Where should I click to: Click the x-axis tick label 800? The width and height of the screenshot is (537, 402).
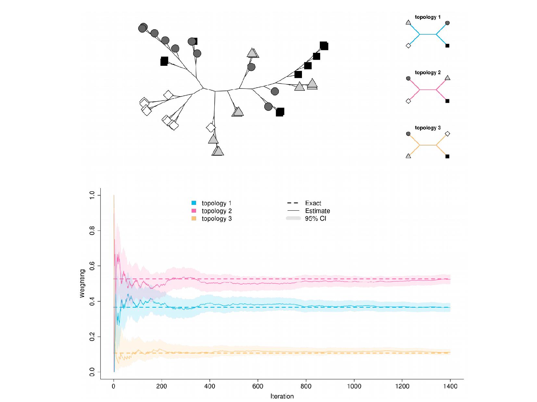(x=306, y=386)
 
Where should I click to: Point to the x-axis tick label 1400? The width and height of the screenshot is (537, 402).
(x=450, y=386)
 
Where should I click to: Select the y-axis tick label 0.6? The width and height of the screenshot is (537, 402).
(x=92, y=266)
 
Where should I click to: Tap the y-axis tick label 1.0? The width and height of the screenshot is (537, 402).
(x=92, y=195)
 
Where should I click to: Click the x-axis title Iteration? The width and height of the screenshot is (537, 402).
(x=282, y=396)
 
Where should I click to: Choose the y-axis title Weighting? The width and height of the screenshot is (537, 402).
(x=82, y=283)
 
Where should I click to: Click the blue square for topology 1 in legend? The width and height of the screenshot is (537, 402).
(x=194, y=203)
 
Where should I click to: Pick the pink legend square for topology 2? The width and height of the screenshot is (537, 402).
(x=194, y=211)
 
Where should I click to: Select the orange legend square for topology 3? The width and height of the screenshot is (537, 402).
(x=194, y=219)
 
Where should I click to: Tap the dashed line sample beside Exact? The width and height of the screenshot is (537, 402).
(x=293, y=203)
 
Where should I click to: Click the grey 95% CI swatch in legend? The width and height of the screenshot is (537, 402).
(x=293, y=218)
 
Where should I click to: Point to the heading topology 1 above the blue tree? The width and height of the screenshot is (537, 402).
(x=428, y=17)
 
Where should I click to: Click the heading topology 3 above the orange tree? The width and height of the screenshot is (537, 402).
(x=428, y=128)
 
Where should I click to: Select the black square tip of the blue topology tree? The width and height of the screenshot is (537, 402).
(x=447, y=46)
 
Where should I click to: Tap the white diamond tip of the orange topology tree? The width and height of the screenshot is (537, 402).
(x=447, y=134)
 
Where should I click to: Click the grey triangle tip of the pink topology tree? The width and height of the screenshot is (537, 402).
(x=447, y=78)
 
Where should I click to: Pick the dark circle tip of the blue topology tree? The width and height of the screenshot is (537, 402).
(x=447, y=23)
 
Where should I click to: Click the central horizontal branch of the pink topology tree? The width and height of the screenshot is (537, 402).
(x=428, y=90)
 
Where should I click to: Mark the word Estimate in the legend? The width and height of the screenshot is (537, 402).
(x=317, y=211)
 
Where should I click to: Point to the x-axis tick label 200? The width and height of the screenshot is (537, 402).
(x=161, y=386)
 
